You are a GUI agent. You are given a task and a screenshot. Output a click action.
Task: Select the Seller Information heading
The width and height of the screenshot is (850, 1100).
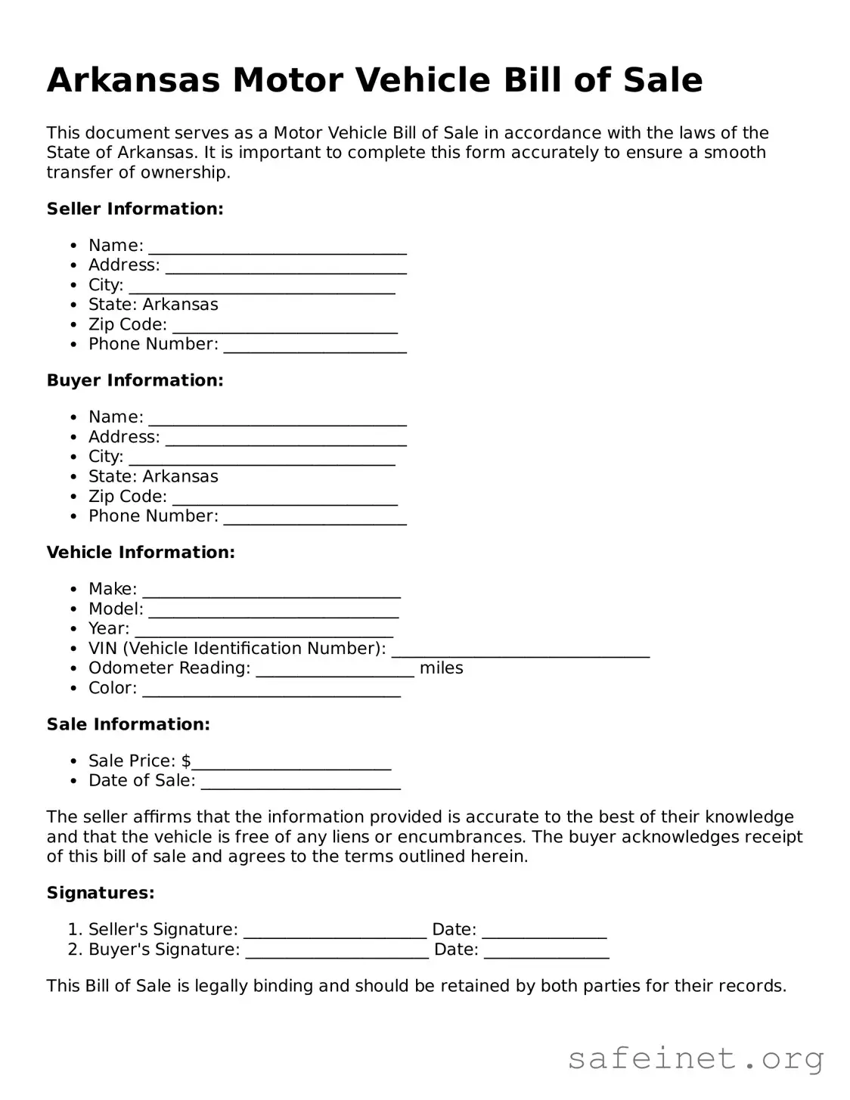tap(135, 209)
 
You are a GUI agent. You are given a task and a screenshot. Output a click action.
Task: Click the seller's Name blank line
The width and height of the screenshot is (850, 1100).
tap(278, 248)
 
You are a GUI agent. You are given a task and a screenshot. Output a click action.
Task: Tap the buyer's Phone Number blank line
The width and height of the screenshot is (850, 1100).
tap(315, 519)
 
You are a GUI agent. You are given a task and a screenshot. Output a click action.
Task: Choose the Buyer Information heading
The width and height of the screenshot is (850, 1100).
tap(135, 380)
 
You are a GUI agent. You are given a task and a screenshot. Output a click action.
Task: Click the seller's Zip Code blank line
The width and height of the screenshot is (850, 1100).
tap(284, 327)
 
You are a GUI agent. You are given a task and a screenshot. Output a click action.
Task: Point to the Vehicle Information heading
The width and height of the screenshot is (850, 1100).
tap(141, 553)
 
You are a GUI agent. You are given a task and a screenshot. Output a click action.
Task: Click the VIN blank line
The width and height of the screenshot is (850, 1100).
tap(520, 651)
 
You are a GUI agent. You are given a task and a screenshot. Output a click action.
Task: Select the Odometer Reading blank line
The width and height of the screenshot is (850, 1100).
tap(334, 671)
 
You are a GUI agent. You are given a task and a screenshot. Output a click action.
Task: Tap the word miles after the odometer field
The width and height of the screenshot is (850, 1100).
tap(441, 668)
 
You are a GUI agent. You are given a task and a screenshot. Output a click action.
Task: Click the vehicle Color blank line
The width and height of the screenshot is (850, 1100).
tap(271, 691)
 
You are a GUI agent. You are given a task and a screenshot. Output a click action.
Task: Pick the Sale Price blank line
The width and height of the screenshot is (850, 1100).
tap(291, 764)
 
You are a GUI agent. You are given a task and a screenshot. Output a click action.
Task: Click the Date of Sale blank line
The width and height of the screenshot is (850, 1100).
tap(300, 783)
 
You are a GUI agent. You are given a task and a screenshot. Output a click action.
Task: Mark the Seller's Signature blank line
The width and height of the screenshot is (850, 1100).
tap(335, 932)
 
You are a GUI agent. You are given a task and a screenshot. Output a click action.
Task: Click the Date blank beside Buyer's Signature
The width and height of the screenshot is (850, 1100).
tap(546, 952)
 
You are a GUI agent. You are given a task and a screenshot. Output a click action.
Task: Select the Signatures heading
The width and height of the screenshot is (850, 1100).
tap(101, 893)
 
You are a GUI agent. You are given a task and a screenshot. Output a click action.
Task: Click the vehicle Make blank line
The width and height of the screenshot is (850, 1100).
tap(271, 592)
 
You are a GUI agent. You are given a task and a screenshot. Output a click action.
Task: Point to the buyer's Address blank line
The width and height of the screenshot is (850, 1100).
tap(286, 440)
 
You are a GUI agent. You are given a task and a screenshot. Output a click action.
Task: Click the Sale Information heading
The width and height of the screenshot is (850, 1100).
tap(128, 724)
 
